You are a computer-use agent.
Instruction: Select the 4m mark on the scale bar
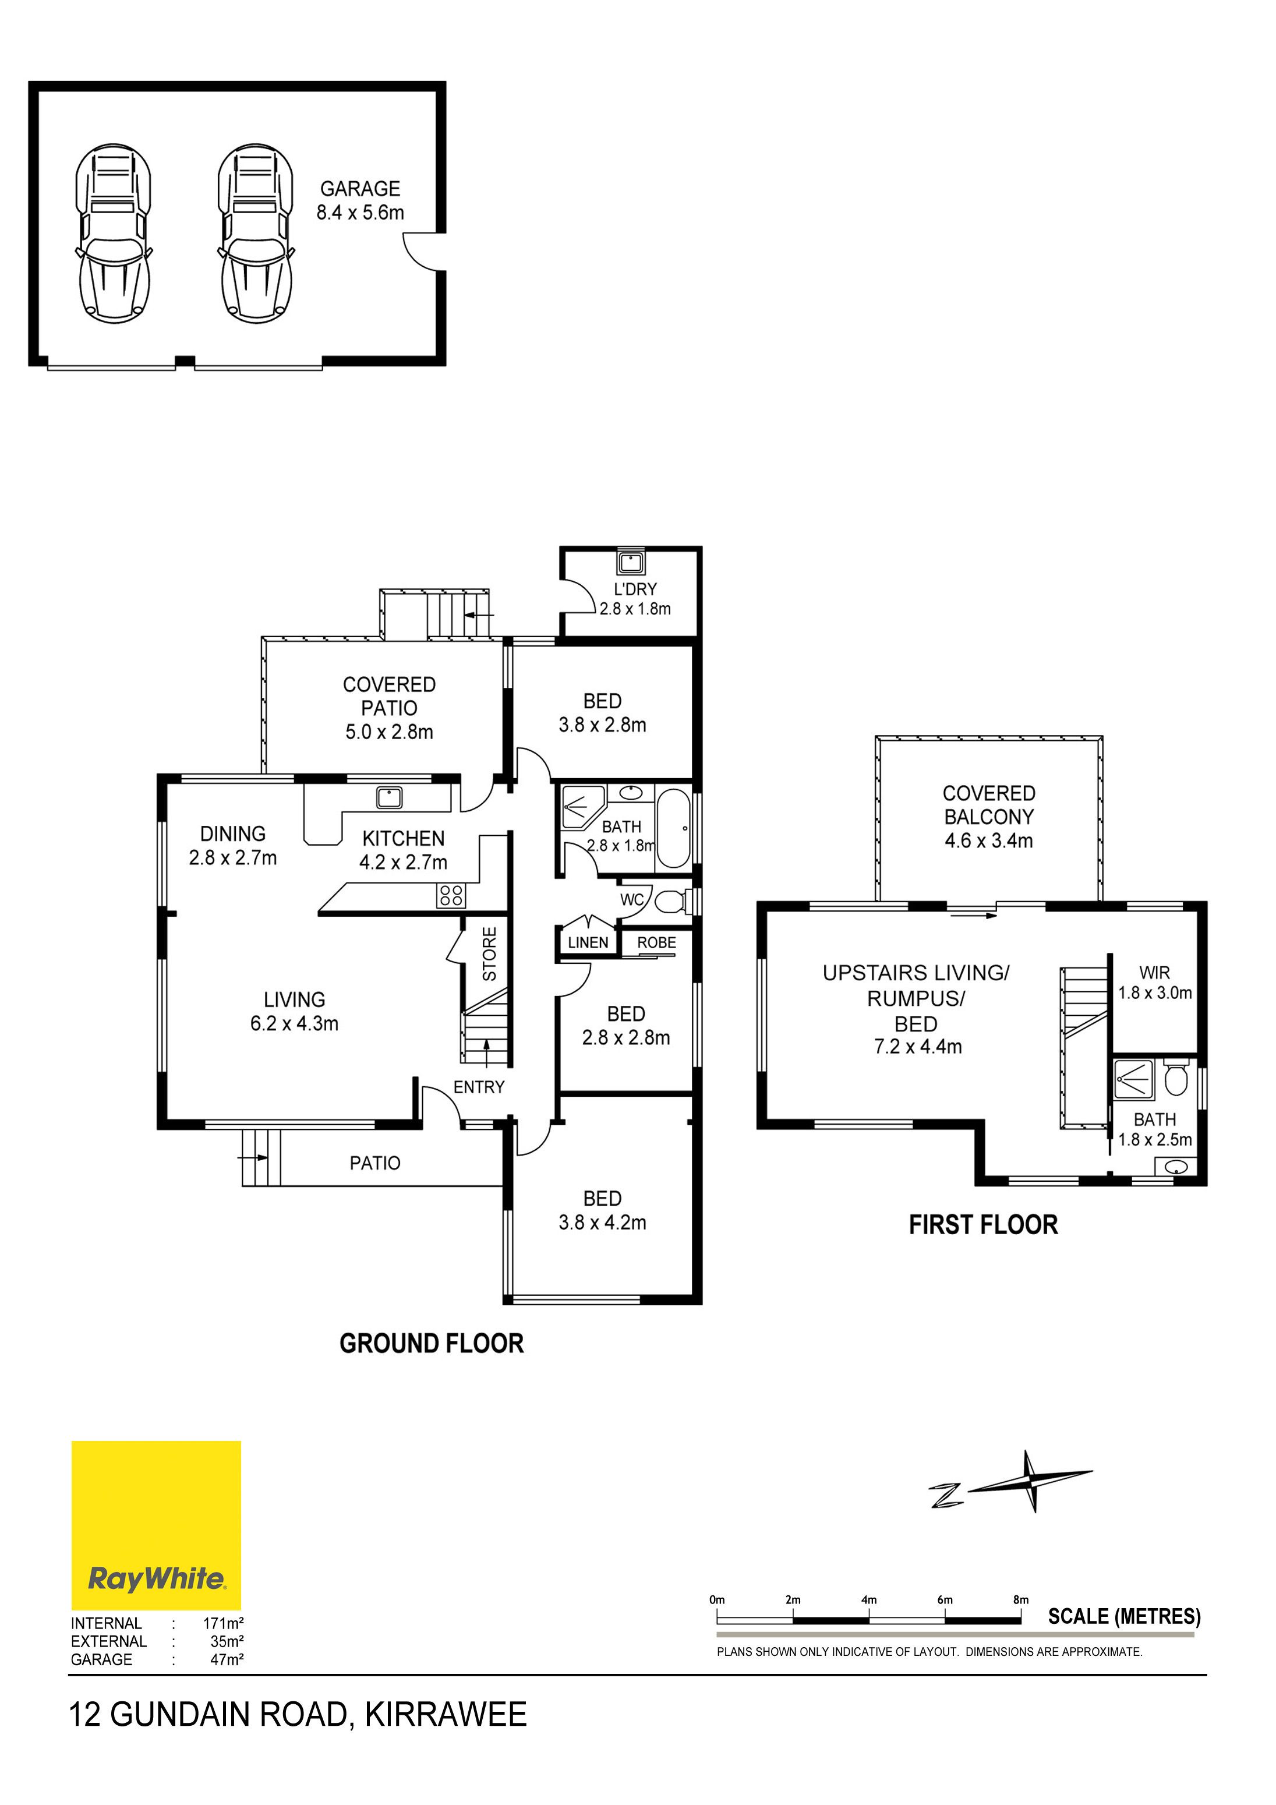(869, 1600)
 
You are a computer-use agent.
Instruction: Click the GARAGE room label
(360, 189)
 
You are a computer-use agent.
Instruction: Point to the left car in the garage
(113, 233)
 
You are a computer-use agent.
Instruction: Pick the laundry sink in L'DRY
(631, 563)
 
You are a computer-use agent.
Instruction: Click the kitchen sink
(389, 797)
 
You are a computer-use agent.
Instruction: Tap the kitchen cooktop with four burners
(451, 895)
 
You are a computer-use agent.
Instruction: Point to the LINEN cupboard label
(588, 942)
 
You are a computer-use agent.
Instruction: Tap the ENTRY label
(479, 1087)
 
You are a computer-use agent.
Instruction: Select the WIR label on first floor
(1155, 973)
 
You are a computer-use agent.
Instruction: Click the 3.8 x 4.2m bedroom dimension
(602, 1223)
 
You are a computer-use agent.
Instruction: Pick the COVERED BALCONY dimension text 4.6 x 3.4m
(989, 840)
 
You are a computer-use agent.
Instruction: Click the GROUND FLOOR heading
(432, 1344)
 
